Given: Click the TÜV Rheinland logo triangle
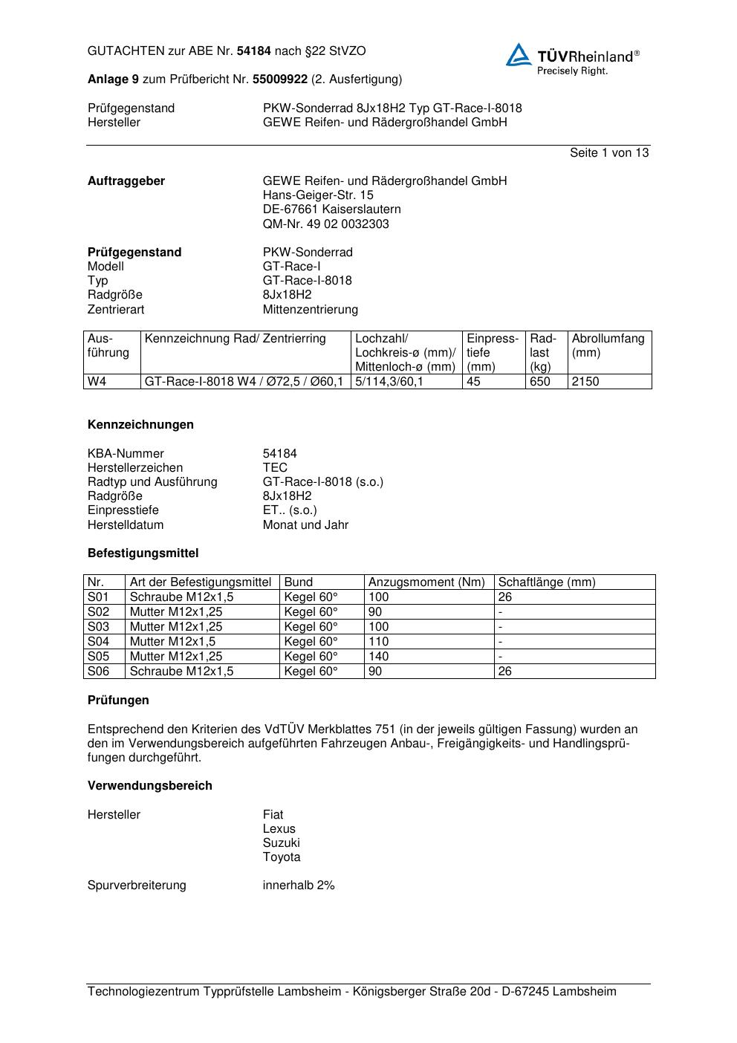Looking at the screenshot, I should tap(519, 56).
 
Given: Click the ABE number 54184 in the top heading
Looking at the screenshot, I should tap(254, 51).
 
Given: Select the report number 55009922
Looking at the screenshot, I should tap(280, 79).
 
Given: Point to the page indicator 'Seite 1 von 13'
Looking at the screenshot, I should tap(609, 153).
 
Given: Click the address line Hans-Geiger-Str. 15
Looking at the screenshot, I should tap(318, 195).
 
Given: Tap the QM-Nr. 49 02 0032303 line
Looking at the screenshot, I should tap(325, 224).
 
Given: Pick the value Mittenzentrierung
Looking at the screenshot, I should tap(310, 309).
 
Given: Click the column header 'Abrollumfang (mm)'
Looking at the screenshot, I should tap(608, 345).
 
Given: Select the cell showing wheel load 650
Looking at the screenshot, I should tap(540, 382).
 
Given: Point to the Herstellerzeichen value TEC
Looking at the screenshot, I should tap(275, 468).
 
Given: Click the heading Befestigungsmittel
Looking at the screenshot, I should tap(143, 553).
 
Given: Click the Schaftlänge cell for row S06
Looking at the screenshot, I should tap(505, 672).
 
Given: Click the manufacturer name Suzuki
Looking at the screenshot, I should tap(281, 843).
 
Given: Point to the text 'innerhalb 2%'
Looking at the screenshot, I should tap(299, 886).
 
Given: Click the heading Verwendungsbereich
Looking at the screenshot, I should tap(149, 786).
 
